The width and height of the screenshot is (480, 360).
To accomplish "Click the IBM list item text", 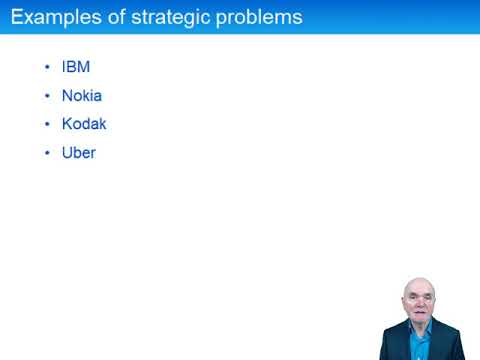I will (x=75, y=67).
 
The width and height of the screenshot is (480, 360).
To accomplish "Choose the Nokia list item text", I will (x=81, y=96).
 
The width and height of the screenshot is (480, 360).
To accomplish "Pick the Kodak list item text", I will (x=83, y=124).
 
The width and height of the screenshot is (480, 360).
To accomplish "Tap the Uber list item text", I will (x=78, y=153).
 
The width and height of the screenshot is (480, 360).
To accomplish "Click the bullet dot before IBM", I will (x=47, y=68).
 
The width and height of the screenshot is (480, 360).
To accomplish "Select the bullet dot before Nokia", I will (x=47, y=97).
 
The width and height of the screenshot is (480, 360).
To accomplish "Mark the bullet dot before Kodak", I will (x=47, y=125).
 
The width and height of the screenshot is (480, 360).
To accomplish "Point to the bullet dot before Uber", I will (x=47, y=154).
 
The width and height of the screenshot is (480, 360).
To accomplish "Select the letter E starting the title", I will (x=17, y=18).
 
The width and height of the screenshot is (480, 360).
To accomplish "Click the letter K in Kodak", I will (x=66, y=124).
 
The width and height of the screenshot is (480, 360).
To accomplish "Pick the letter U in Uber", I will (x=66, y=153).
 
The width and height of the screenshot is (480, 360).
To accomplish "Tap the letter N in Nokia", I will (x=66, y=96).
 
